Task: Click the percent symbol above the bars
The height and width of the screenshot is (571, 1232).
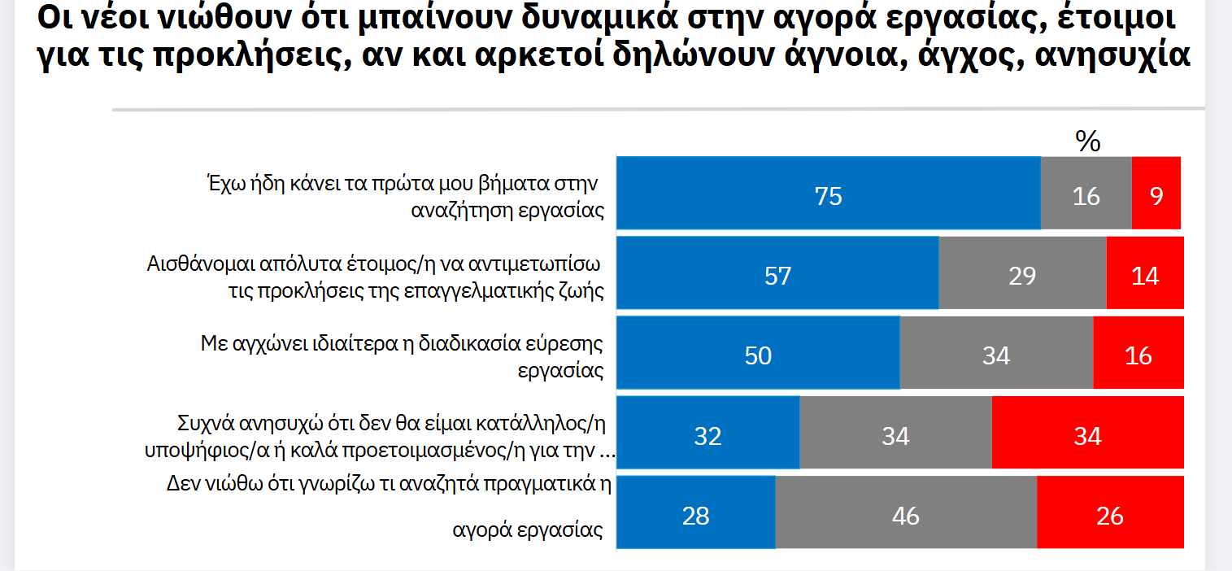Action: click(x=1087, y=142)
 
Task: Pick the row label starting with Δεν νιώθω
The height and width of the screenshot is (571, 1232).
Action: click(x=389, y=506)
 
